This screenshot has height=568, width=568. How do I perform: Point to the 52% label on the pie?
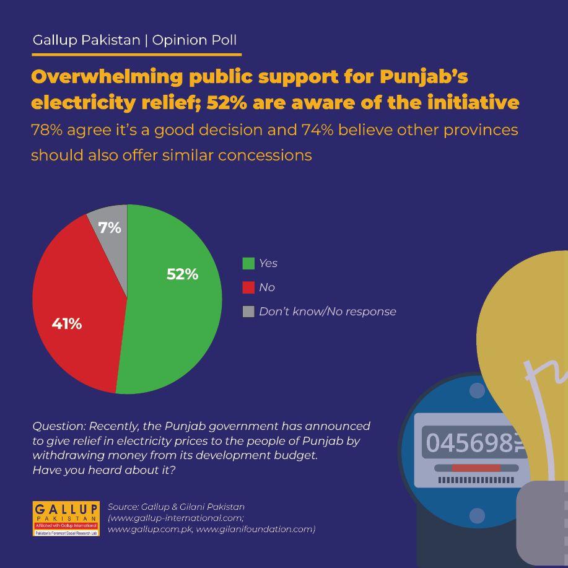pos(182,274)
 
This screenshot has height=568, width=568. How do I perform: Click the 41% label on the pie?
pos(67,323)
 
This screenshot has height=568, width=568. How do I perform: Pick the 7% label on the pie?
pos(110,228)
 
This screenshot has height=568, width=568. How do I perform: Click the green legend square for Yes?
pos(248,263)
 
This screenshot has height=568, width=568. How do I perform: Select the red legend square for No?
pos(248,287)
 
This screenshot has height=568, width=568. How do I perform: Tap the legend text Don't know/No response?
pos(328,312)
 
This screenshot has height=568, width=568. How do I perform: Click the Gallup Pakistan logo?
pos(66,518)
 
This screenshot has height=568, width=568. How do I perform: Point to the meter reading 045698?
pos(470,443)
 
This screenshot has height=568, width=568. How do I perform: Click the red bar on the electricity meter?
pos(476,468)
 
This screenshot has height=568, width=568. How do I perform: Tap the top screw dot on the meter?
pos(477,390)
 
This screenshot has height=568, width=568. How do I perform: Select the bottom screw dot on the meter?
pos(477,515)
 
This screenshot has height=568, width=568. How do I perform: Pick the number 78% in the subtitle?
pos(46,130)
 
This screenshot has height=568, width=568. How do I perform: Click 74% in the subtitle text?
pos(317,130)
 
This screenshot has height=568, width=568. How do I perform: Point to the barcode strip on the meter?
pos(476,480)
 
